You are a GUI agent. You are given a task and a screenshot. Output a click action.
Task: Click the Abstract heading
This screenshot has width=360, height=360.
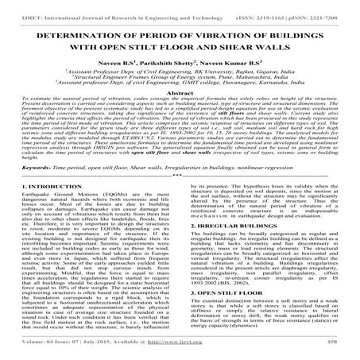[x=180, y=111]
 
